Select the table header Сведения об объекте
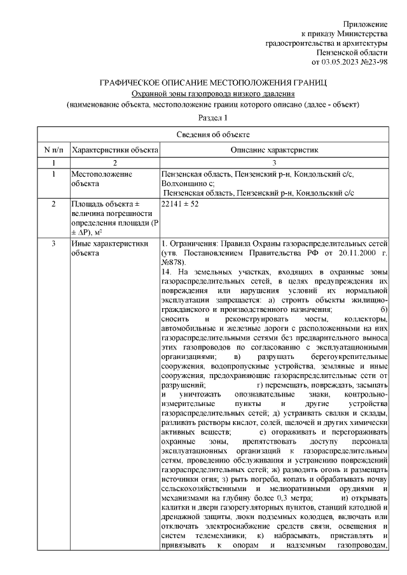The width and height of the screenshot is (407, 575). point(212,134)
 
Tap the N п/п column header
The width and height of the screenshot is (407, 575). point(53,149)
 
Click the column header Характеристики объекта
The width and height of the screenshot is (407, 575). point(114,149)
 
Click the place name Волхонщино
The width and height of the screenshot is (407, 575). point(184,184)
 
